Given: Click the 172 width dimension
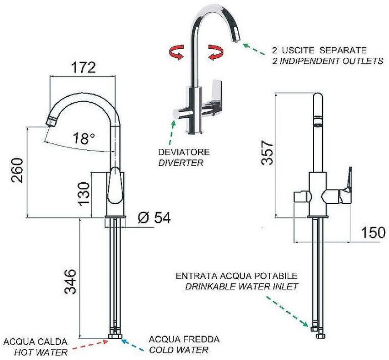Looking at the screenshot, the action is coord(83,67).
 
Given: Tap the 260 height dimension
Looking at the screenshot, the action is coord(17,170).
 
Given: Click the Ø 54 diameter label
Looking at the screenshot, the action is coord(154,218).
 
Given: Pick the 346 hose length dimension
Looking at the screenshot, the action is coord(70,282).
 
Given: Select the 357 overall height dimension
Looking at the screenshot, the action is coord(267,152).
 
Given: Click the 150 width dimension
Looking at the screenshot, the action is coord(373,233).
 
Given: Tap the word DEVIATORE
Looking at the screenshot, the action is coord(184,152).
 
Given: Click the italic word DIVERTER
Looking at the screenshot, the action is coord(181,163).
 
